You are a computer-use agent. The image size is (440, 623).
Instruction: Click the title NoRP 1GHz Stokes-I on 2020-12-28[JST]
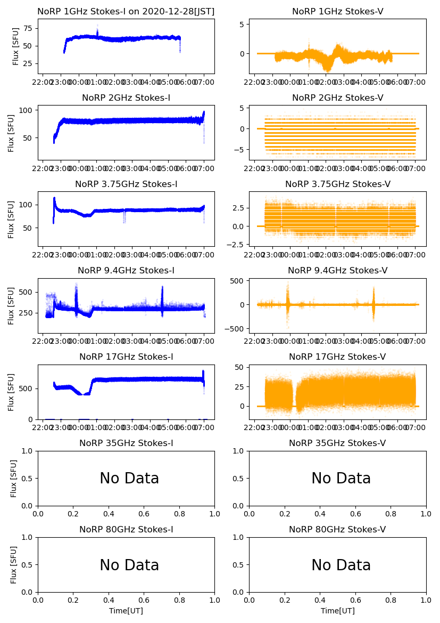[126, 12]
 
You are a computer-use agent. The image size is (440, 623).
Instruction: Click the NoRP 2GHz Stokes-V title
[337, 98]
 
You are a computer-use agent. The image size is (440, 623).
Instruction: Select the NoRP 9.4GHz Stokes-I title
[126, 271]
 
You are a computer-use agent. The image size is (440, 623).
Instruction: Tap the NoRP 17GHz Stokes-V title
[337, 357]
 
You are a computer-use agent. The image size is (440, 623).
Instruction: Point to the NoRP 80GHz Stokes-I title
[126, 530]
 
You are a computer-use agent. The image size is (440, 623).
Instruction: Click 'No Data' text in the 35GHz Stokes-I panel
[129, 479]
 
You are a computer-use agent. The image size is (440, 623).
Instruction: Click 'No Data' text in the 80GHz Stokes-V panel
[341, 565]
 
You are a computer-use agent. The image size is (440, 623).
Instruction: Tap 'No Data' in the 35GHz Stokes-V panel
[341, 479]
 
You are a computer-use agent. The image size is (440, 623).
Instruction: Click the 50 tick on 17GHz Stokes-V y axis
[239, 368]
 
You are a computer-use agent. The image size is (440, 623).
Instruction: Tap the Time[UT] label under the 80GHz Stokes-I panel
[126, 611]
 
